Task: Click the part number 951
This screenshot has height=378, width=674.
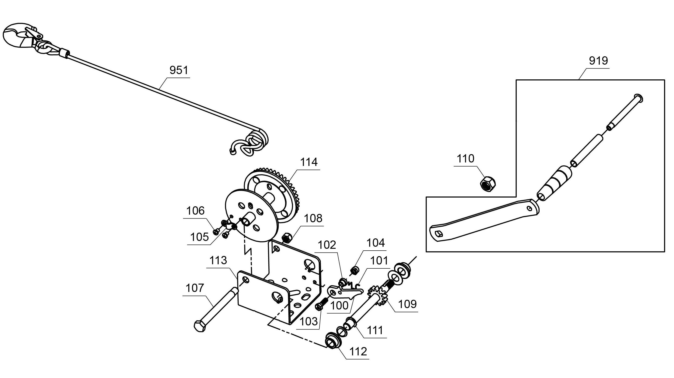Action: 179,70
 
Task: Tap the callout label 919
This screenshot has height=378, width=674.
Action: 598,61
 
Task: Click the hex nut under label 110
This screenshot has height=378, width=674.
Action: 488,183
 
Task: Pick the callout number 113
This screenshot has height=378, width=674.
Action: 218,260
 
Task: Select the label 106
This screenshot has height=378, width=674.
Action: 195,211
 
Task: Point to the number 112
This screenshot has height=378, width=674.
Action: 358,352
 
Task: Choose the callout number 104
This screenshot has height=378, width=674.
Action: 376,243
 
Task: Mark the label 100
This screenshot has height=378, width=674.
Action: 339,305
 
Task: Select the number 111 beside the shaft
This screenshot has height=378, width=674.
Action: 375,330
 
